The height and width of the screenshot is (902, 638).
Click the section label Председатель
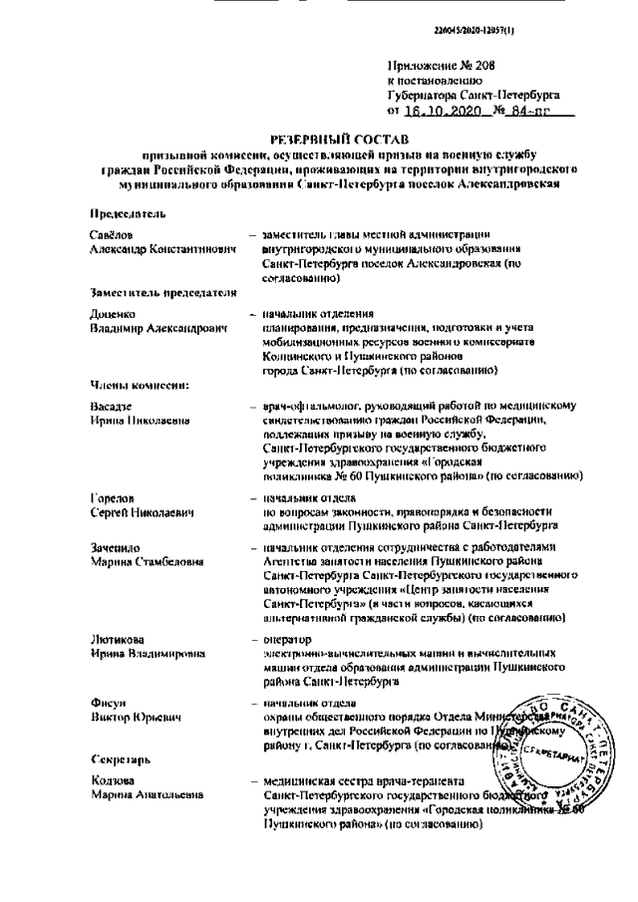click(x=128, y=212)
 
